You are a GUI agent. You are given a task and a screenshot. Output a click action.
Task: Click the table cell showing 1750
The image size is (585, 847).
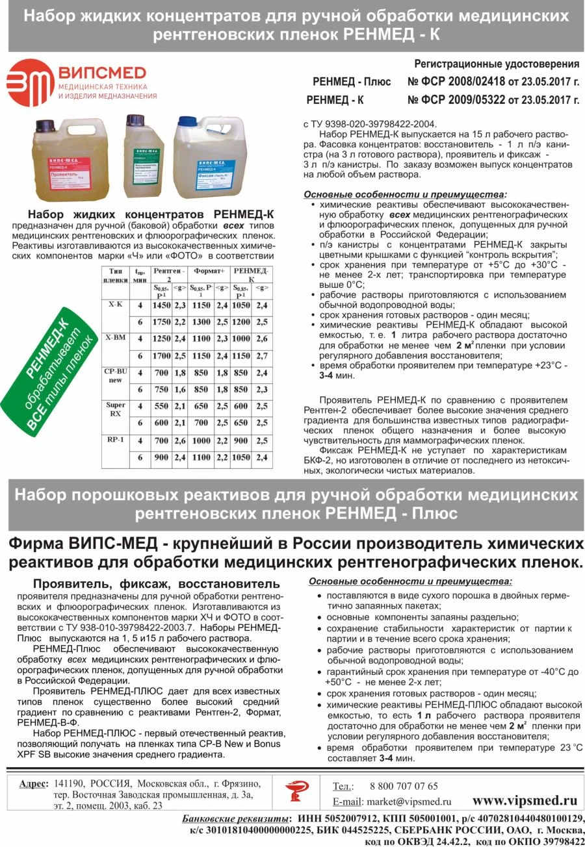click(161, 322)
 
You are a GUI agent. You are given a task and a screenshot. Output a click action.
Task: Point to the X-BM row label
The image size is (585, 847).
click(114, 338)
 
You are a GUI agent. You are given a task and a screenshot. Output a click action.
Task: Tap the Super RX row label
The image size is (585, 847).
click(115, 409)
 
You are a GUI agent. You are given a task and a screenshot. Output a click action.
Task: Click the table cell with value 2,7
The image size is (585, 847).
click(263, 357)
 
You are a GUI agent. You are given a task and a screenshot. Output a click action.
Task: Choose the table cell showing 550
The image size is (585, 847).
click(162, 405)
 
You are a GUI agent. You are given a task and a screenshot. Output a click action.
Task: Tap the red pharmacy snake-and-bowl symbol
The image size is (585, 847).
click(297, 790)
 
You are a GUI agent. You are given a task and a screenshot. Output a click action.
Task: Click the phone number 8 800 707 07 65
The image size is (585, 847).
click(404, 786)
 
